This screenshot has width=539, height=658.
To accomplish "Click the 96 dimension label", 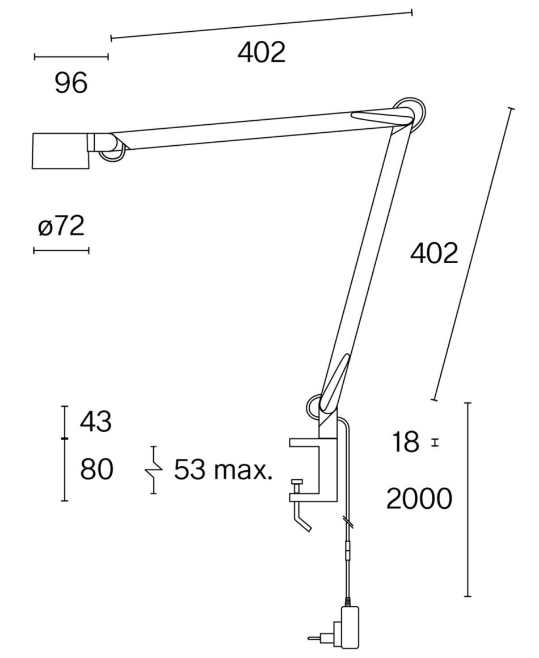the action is (71, 83).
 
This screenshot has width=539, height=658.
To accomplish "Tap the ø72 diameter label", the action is (61, 226).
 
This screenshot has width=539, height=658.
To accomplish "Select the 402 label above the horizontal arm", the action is (262, 52).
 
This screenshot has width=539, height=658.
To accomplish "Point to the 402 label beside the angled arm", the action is (434, 254).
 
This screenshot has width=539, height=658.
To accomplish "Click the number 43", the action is (96, 421).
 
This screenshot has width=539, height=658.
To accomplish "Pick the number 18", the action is (406, 442).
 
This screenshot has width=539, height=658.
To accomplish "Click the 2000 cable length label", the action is (419, 499).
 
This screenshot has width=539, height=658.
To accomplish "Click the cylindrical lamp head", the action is (61, 151).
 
